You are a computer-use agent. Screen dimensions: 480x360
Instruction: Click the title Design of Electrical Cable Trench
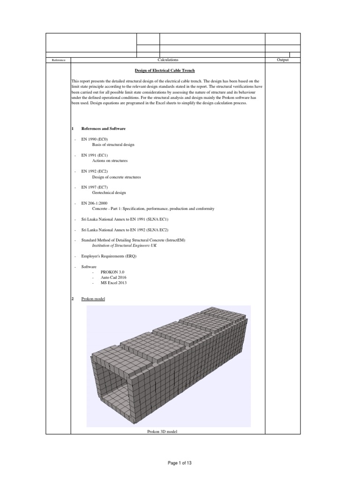point(168,70)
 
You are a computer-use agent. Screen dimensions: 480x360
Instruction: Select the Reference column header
point(58,60)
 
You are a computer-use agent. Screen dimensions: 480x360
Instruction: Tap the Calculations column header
point(168,60)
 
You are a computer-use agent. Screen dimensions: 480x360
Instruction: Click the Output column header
point(283,60)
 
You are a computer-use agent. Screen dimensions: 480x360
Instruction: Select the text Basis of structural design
point(113,145)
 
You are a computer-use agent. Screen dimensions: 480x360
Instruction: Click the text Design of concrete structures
point(116,177)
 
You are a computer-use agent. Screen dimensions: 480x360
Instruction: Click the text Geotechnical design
point(109,193)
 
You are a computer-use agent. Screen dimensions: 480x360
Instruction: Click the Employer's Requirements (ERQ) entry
point(109,256)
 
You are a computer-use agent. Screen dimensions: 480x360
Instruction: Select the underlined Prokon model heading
point(93,299)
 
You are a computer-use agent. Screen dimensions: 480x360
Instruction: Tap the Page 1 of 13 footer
point(180,463)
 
